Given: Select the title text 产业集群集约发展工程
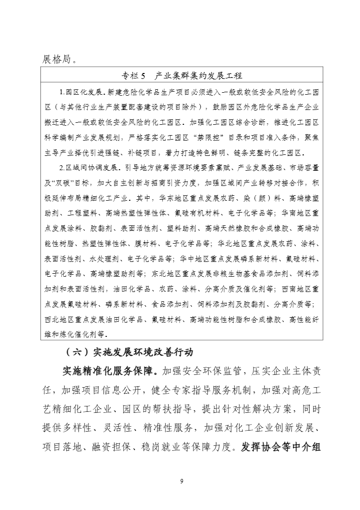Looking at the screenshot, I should pos(198,76).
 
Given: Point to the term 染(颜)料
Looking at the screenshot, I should pos(252,199).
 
